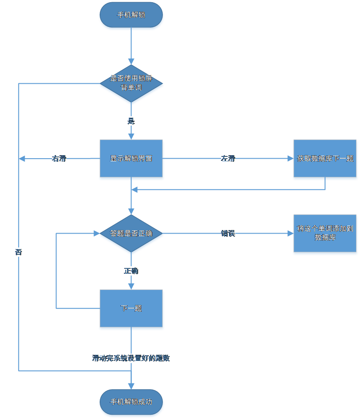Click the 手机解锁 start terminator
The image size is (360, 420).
coord(131,15)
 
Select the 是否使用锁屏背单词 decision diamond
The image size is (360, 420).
coord(131,83)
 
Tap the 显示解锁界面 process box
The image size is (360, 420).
coord(131,159)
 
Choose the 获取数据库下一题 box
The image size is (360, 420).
coord(325,159)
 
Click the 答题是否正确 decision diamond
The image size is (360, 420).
coord(131,234)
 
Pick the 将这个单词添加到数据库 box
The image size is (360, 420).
coord(325,233)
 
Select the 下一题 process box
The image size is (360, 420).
coord(131,309)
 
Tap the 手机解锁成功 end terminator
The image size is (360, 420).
coord(131,402)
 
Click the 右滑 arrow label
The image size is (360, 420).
coord(59,159)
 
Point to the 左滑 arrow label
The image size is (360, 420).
coord(228,159)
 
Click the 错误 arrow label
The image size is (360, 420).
coord(228,234)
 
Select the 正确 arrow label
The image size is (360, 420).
coord(131,271)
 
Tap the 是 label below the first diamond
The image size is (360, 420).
coord(131,121)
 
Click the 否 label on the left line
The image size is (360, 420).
coord(19,253)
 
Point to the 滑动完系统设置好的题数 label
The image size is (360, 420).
coord(131,358)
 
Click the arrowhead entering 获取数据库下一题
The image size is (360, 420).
coord(289,159)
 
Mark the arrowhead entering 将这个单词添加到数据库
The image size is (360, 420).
coord(289,234)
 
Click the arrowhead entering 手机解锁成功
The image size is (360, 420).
coord(131,386)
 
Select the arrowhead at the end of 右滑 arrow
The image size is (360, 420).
coord(22,159)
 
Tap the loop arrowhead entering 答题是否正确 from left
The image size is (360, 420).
coord(96,234)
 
